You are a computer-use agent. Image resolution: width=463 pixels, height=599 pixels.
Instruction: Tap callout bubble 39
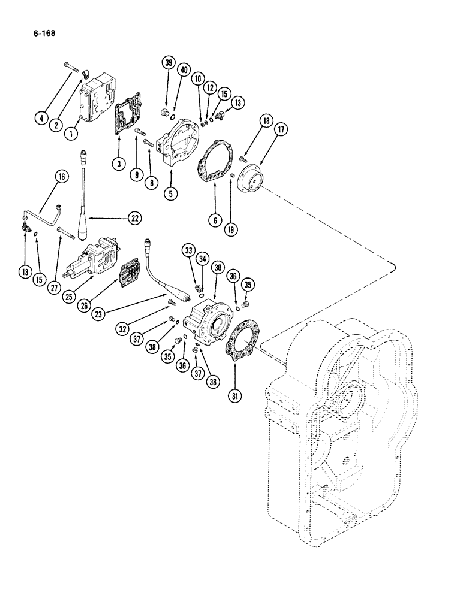point(168,63)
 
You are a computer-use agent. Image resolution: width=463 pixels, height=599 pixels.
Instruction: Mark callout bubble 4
point(41,118)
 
